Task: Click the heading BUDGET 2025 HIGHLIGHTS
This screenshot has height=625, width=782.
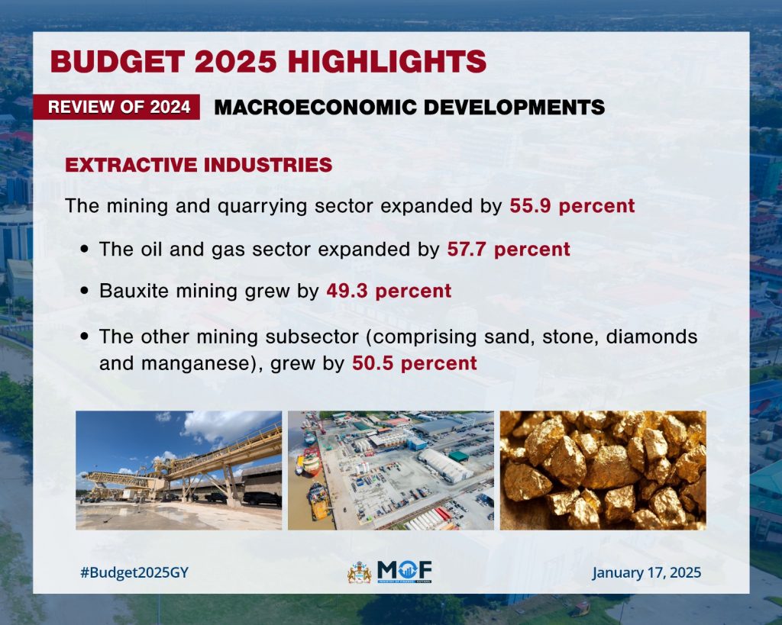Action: click(x=268, y=60)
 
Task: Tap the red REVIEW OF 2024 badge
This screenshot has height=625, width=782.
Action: click(x=118, y=107)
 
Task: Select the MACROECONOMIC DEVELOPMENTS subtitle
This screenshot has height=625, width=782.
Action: click(x=409, y=107)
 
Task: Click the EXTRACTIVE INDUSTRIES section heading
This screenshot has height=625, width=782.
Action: click(x=199, y=165)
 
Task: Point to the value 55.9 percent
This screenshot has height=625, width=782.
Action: click(x=572, y=206)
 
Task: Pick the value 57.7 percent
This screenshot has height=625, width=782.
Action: click(x=509, y=249)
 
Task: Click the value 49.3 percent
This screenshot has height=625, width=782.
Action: click(x=389, y=291)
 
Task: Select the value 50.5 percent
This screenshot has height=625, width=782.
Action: click(x=414, y=363)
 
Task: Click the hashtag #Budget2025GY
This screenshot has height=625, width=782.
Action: click(x=134, y=572)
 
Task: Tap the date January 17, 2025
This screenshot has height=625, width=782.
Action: click(x=646, y=572)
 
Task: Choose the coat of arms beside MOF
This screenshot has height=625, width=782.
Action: click(x=359, y=572)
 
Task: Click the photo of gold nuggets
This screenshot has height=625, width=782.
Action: click(x=603, y=470)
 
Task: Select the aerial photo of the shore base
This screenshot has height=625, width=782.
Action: click(x=390, y=470)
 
